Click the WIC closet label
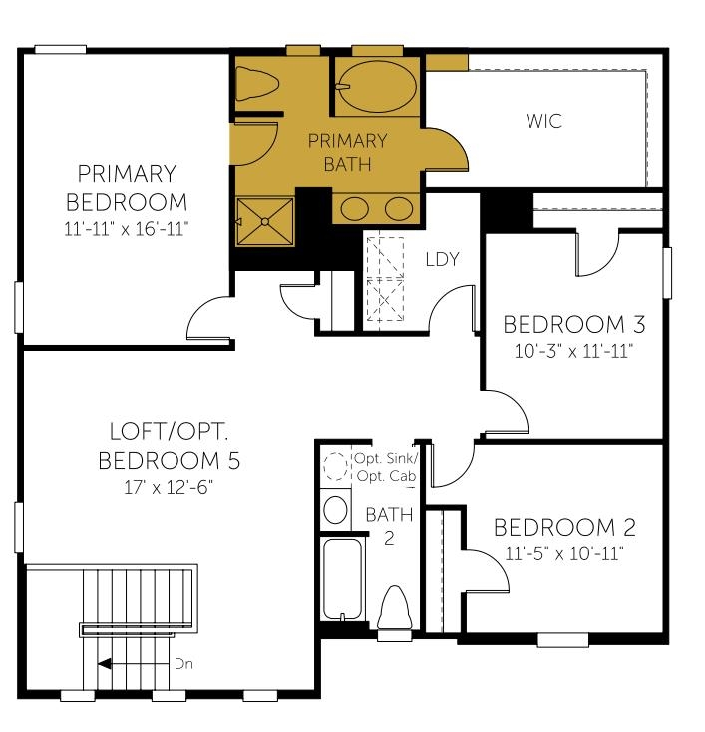(x=543, y=121)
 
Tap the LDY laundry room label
(x=442, y=259)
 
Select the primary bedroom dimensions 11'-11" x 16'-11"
(x=127, y=229)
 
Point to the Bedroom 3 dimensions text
(x=573, y=351)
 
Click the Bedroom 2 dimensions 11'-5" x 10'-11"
(x=564, y=554)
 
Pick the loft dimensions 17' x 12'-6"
(x=169, y=488)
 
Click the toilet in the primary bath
(x=257, y=84)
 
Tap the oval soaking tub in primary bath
(x=377, y=87)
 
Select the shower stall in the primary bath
(x=265, y=221)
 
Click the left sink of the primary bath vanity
(x=355, y=208)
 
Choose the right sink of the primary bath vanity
(x=398, y=208)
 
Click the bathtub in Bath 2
(x=342, y=578)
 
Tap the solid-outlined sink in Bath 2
(x=335, y=509)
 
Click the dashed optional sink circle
(x=336, y=465)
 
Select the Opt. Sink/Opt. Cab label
(x=386, y=467)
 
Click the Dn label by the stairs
(x=183, y=664)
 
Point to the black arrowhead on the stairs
(x=104, y=664)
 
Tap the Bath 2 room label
(x=389, y=526)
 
